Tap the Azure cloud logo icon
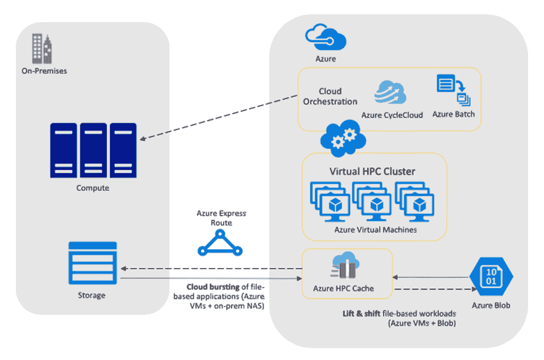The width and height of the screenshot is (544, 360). (x=326, y=38)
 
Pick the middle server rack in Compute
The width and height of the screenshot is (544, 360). (x=93, y=150)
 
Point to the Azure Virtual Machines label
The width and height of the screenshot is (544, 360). (x=375, y=230)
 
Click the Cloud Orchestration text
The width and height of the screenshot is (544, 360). (x=330, y=96)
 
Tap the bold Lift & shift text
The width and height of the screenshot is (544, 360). (x=361, y=313)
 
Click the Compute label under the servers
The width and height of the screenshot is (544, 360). (x=92, y=188)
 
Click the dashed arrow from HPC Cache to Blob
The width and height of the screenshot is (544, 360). (x=433, y=289)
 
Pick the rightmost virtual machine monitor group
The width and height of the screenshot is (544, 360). (x=414, y=202)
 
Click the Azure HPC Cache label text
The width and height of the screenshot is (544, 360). (x=343, y=289)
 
